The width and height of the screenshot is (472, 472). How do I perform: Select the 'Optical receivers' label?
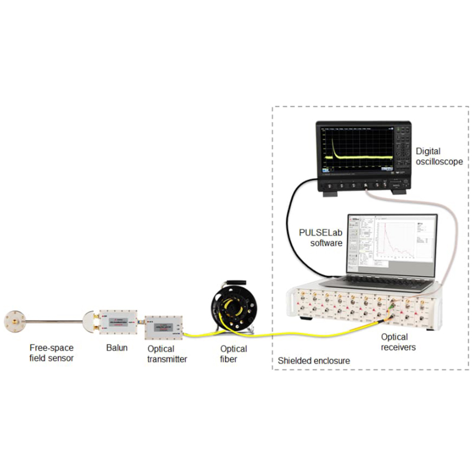pos(398,342)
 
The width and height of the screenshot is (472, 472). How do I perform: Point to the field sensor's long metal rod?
pos(56,322)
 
